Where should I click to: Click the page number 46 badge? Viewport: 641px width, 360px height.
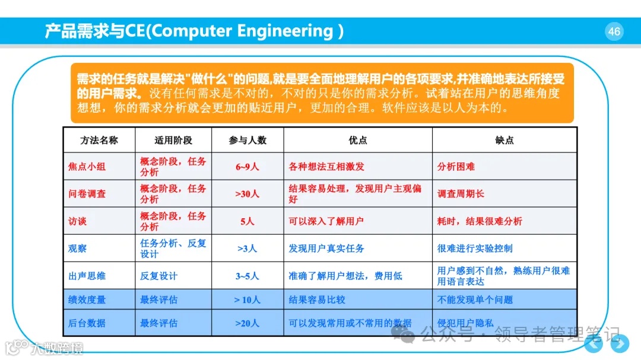614,31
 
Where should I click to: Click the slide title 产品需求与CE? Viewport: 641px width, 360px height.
193,31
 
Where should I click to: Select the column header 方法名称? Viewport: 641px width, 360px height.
99,140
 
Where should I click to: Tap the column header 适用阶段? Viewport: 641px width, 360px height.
173,140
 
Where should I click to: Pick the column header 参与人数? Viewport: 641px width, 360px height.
247,140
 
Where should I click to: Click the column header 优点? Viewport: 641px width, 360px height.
357,140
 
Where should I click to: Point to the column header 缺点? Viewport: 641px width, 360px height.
504,140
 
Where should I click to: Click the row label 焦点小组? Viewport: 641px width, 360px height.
87,167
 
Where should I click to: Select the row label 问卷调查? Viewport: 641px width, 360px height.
87,194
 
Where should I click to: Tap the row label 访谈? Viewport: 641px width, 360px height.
77,221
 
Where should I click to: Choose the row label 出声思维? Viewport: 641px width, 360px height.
87,276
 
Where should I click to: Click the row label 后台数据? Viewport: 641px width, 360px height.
87,323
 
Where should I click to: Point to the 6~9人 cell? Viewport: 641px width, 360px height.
247,167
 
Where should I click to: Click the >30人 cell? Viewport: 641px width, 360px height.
247,194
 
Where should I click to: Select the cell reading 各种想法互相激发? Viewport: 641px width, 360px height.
326,167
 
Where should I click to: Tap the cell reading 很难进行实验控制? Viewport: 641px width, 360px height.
475,249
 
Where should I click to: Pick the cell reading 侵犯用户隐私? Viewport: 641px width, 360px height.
465,323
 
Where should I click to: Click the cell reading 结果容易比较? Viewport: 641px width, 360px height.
317,300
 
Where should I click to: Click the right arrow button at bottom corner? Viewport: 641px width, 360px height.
620,343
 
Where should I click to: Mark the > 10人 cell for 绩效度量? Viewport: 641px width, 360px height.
247,300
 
